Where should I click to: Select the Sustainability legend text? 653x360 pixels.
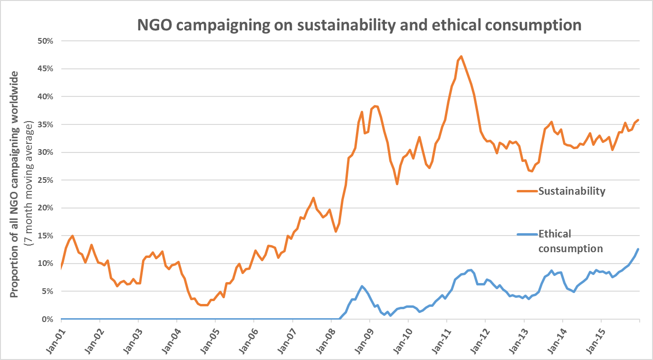click(x=572, y=191)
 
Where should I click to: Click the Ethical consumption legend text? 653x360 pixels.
click(x=570, y=241)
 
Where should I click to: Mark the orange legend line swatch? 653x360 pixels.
click(x=527, y=191)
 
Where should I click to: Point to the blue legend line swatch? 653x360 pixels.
click(x=527, y=234)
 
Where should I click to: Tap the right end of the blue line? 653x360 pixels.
click(x=638, y=249)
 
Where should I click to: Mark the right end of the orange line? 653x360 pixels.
click(x=638, y=120)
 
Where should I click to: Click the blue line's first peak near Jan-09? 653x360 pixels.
click(x=362, y=286)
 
